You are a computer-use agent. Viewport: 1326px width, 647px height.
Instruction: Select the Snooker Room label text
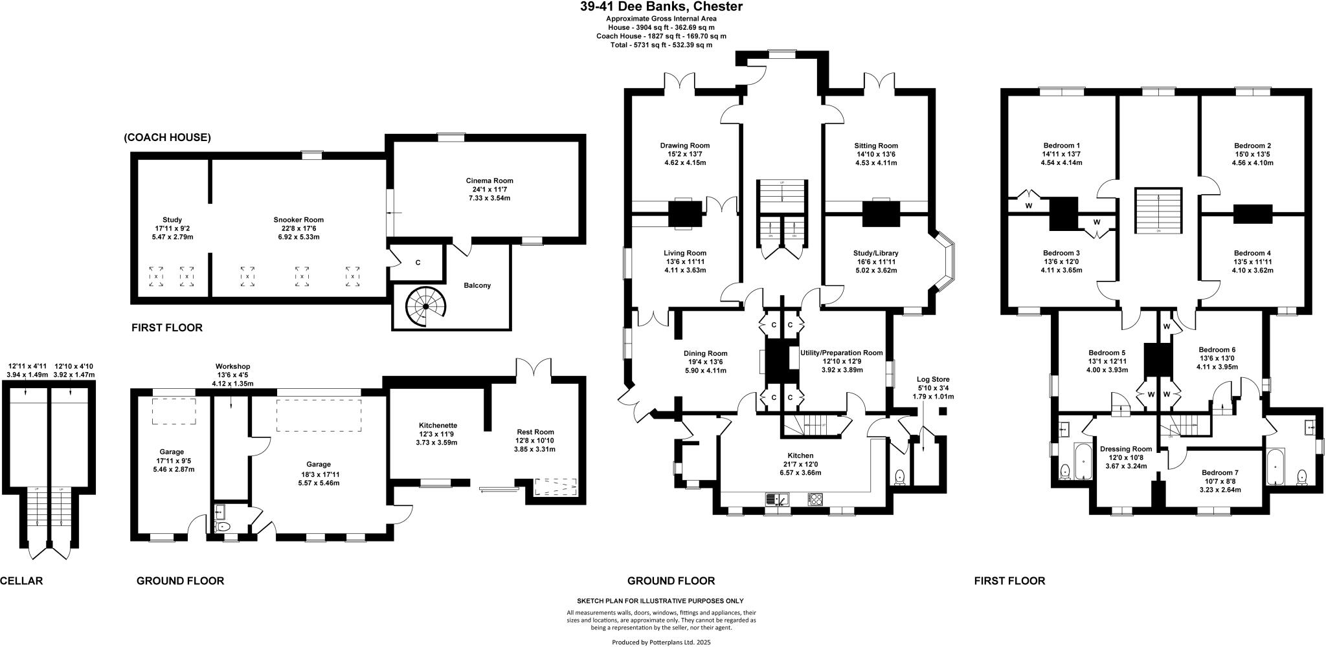pos(298,228)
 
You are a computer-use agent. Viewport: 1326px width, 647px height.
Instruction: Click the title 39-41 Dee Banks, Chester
pos(661,7)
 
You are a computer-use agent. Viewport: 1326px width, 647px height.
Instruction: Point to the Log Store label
pos(933,388)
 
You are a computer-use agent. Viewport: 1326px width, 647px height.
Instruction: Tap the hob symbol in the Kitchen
pos(815,499)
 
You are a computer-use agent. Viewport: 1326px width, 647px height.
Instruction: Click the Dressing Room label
pos(1126,457)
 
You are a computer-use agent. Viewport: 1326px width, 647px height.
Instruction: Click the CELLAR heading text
pos(21,581)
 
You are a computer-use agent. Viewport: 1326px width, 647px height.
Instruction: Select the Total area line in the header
pos(660,45)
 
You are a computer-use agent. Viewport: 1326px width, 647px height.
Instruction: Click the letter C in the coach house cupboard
pos(418,262)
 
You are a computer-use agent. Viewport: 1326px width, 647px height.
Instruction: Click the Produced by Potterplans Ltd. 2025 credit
pos(661,642)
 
